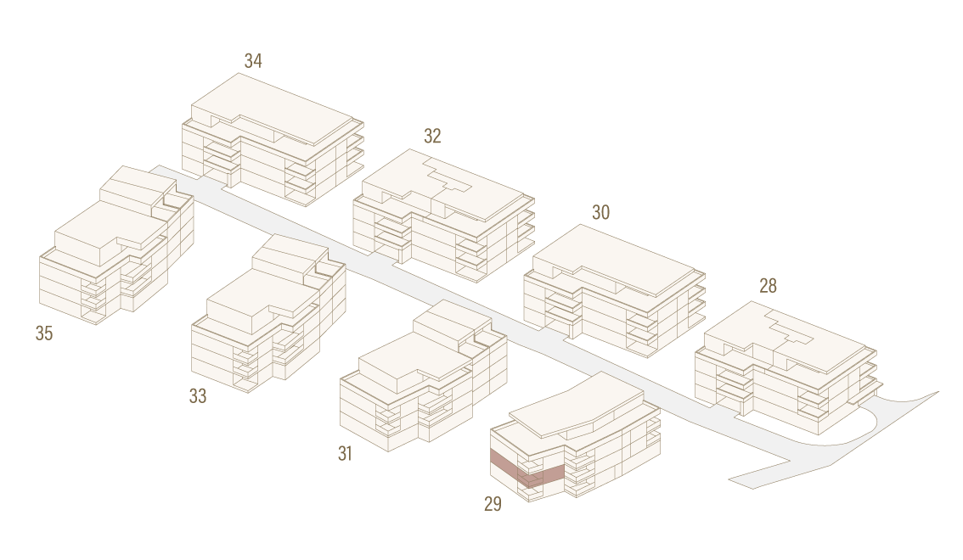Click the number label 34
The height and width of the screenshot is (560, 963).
click(253, 61)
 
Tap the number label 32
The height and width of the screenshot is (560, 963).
click(432, 136)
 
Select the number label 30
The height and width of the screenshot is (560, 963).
click(600, 212)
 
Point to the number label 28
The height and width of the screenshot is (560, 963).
click(768, 286)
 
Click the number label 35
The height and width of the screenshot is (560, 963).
click(44, 333)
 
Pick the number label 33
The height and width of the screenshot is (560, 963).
click(198, 396)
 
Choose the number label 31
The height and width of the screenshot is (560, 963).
click(345, 453)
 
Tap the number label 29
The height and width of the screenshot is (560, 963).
click(493, 503)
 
